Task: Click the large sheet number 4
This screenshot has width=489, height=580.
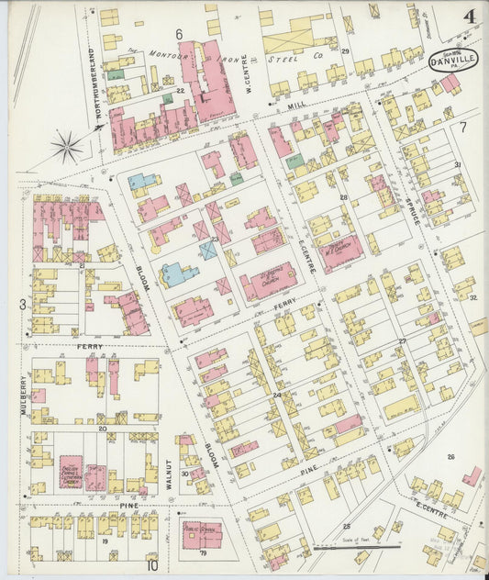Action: point(469,17)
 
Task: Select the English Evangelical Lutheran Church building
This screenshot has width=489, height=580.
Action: point(72,471)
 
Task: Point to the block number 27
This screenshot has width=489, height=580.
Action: point(402,341)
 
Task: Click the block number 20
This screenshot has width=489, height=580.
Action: point(103,428)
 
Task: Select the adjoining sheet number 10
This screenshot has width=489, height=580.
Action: point(150,566)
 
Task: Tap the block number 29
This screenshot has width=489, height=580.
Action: point(346,50)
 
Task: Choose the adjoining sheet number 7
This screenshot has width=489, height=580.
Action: point(464,126)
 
